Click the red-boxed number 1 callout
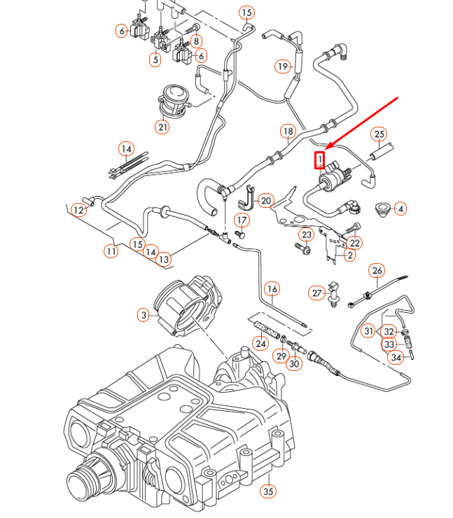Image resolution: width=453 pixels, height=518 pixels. (x=320, y=160)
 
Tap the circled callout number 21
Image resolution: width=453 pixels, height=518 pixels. (x=162, y=127)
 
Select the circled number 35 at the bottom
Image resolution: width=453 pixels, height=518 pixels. (x=267, y=491)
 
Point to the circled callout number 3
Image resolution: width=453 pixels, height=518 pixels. (x=144, y=316)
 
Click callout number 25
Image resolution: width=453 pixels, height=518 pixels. (x=379, y=134)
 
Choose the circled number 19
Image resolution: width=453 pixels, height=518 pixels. (x=282, y=66)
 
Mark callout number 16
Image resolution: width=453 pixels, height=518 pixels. (x=272, y=288)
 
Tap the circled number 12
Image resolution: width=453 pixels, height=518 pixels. (x=78, y=209)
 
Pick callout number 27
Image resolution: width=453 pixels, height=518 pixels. (x=316, y=293)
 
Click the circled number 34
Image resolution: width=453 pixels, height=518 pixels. (x=397, y=358)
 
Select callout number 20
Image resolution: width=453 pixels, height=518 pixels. (x=265, y=200)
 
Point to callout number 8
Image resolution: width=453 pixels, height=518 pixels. (x=197, y=41)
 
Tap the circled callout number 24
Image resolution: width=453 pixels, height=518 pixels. (x=260, y=344)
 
